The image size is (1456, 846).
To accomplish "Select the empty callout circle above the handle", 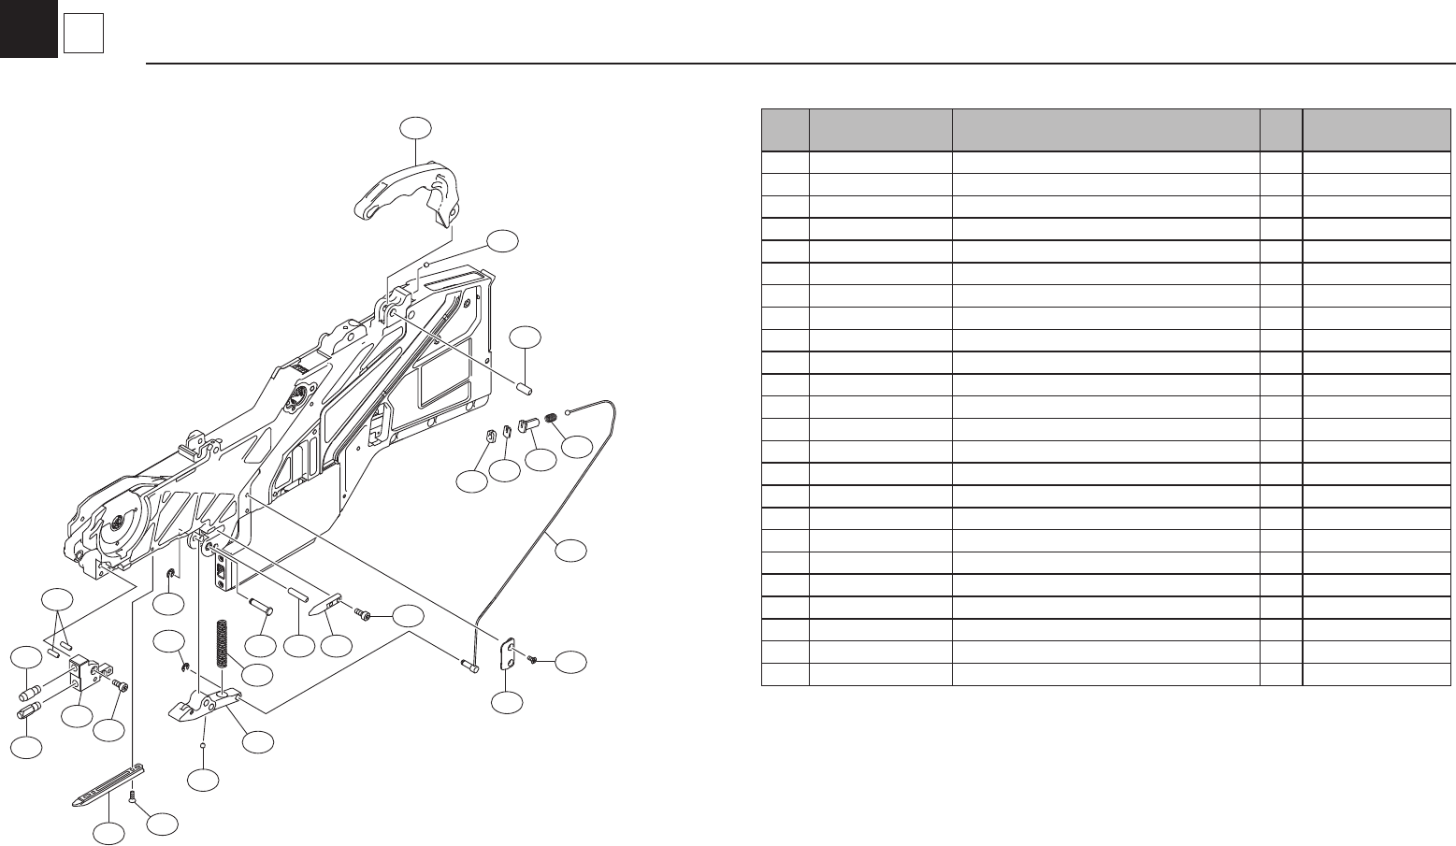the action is [417, 129].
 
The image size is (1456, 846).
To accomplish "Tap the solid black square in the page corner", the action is [28, 28].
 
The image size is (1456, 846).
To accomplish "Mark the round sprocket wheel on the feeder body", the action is [120, 520].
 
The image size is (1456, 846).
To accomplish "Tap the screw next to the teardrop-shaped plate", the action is [363, 613].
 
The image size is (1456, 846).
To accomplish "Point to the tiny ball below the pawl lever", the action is [205, 747].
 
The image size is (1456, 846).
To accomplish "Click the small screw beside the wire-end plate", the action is [532, 659].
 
